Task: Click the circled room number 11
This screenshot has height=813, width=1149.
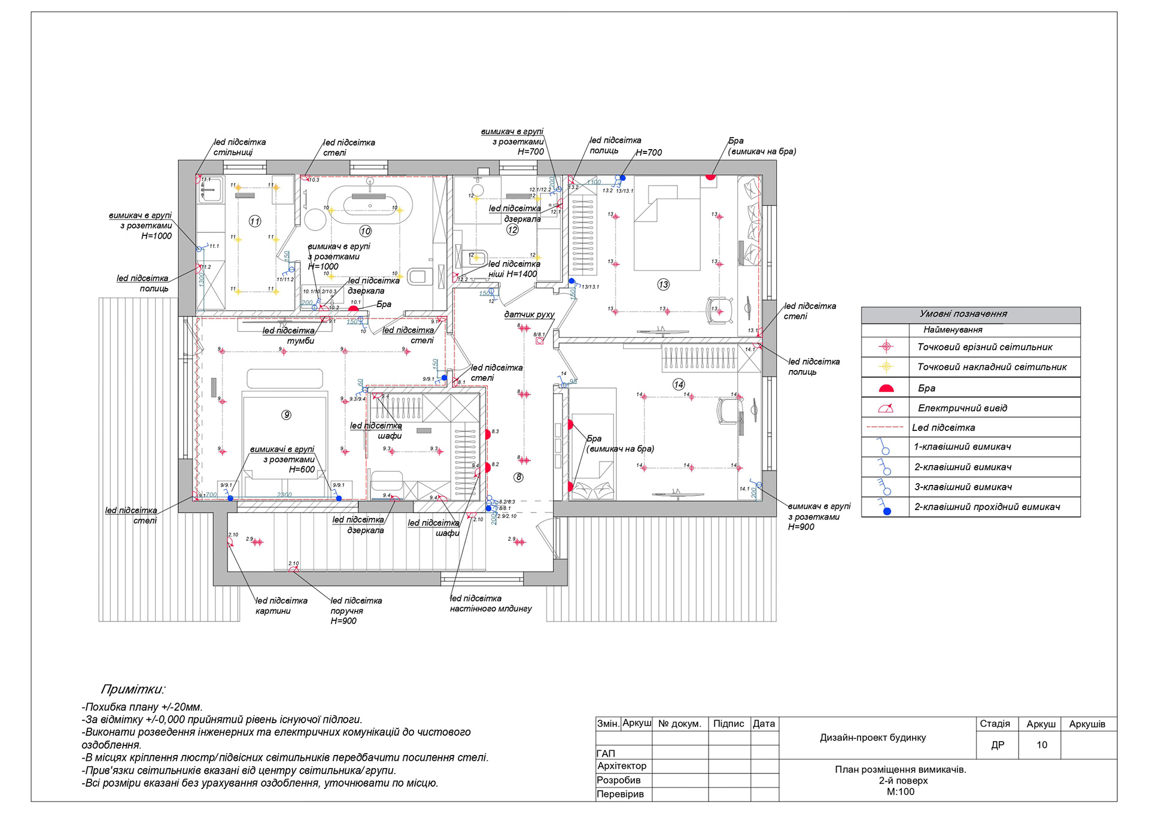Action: (x=255, y=222)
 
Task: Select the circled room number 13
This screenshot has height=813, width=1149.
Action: (x=663, y=284)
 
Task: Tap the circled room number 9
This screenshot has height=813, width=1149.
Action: (x=287, y=415)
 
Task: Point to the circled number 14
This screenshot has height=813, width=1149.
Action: (x=679, y=384)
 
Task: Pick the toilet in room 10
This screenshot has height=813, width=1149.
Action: (x=420, y=276)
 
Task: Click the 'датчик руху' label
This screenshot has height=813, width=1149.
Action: (x=529, y=314)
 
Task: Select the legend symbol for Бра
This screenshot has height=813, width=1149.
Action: (x=886, y=389)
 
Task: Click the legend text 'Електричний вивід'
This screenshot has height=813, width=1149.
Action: (x=962, y=408)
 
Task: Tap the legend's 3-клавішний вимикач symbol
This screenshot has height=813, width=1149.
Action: (x=885, y=487)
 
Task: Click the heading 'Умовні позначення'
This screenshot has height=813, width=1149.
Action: (x=963, y=314)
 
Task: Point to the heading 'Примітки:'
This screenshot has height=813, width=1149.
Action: (x=133, y=689)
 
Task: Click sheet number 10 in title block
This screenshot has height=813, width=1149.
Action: (x=1042, y=745)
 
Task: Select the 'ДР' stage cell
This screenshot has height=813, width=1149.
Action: (x=998, y=745)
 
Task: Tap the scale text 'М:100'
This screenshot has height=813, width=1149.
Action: (x=900, y=791)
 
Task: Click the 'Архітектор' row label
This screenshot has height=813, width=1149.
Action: (x=622, y=766)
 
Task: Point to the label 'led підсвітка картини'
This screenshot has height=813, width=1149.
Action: (x=281, y=605)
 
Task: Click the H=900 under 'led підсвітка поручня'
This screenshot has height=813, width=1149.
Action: (x=344, y=621)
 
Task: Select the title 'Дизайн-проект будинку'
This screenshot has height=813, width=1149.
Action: (x=873, y=738)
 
